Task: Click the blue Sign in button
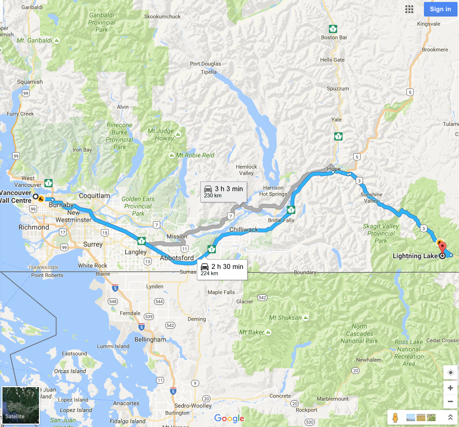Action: pos(440,9)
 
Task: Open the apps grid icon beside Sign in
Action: pos(409,9)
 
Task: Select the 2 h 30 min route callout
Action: pos(222,269)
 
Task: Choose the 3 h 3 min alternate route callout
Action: pos(224,191)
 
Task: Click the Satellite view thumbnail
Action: pos(20,405)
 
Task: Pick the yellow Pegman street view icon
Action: pos(395,417)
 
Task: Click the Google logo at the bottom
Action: pos(229,418)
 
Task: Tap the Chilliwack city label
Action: pos(244,229)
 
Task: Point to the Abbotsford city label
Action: pos(177,258)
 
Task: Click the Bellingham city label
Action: pos(151,339)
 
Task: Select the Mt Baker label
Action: pos(251,332)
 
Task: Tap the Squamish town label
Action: pos(30,82)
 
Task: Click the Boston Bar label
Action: pos(334,37)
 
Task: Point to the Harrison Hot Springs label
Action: pos(273,191)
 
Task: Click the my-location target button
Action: pos(450,373)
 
